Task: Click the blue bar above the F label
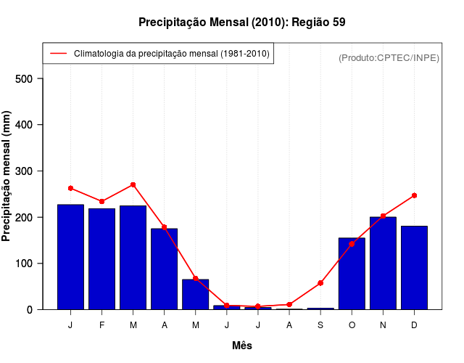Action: [101, 258]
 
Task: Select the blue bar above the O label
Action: [352, 273]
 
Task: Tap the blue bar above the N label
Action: [383, 263]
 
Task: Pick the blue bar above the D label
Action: [414, 267]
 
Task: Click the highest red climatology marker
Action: [133, 185]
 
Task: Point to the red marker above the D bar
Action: [414, 195]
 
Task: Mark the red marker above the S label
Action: [320, 283]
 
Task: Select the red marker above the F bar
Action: [101, 201]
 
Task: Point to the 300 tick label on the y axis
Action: [29, 171]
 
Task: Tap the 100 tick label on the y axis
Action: [29, 264]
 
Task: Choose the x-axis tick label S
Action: [320, 325]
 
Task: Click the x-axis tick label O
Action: [352, 325]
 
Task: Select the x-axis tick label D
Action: [414, 325]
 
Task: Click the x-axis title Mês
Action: [242, 346]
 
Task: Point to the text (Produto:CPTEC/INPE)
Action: [389, 57]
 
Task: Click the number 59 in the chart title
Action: [339, 23]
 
